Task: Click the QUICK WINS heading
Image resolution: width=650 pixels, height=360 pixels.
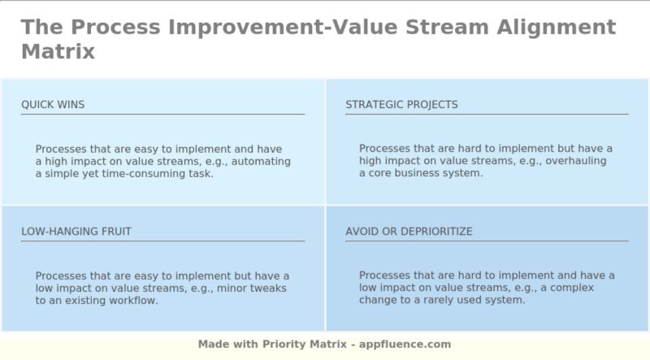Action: click(53, 105)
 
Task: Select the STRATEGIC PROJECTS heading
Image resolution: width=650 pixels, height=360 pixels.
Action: click(401, 105)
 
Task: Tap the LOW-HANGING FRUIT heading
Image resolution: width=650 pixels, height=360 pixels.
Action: click(76, 232)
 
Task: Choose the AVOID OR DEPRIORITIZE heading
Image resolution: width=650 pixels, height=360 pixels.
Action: click(409, 232)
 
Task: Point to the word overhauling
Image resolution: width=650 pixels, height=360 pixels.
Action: click(578, 162)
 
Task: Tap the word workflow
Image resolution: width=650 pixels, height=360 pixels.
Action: click(134, 301)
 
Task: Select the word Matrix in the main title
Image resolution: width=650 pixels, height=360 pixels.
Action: click(58, 52)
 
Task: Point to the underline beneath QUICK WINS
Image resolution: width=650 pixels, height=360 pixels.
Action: click(162, 115)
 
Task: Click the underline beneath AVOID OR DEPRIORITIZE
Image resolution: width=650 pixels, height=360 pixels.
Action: click(486, 241)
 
